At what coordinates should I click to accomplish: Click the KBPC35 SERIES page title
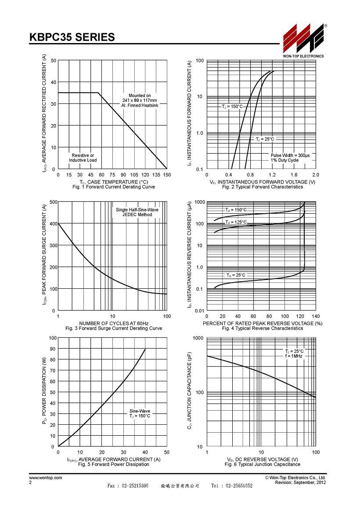pyautogui.click(x=72, y=37)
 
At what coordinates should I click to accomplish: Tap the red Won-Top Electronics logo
pyautogui.click(x=303, y=39)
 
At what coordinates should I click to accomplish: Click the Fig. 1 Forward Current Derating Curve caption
pyautogui.click(x=114, y=187)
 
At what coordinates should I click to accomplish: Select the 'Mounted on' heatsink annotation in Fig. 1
pyautogui.click(x=140, y=100)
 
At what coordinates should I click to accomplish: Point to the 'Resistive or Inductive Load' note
pyautogui.click(x=83, y=158)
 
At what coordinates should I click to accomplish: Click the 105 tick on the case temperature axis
pyautogui.click(x=134, y=175)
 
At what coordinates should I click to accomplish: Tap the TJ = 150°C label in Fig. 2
pyautogui.click(x=232, y=107)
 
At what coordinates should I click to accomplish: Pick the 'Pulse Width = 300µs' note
pyautogui.click(x=290, y=155)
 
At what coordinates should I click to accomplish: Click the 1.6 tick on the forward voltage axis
pyautogui.click(x=294, y=175)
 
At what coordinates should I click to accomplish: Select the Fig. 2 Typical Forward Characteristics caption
pyautogui.click(x=263, y=187)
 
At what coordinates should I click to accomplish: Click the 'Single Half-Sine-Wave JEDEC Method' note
pyautogui.click(x=137, y=212)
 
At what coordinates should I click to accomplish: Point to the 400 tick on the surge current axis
pyautogui.click(x=53, y=224)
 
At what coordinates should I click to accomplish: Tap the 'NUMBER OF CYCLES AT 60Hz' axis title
pyautogui.click(x=114, y=323)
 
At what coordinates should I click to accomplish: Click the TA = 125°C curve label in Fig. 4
pyautogui.click(x=236, y=223)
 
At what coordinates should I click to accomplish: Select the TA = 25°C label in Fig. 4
pyautogui.click(x=236, y=275)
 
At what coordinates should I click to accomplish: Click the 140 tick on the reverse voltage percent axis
pyautogui.click(x=316, y=316)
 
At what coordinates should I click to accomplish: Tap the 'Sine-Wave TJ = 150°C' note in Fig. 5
pyautogui.click(x=140, y=413)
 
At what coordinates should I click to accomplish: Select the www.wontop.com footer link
pyautogui.click(x=46, y=478)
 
